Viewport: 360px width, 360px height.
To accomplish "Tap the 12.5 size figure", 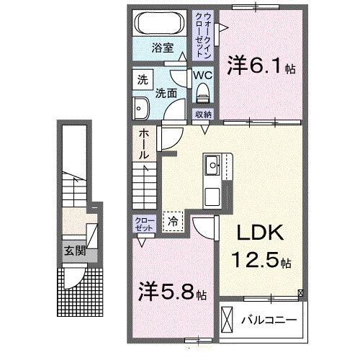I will (x=256, y=258).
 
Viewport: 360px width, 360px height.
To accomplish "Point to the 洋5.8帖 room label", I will (x=172, y=293).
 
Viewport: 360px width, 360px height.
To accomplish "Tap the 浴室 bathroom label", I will (x=162, y=48).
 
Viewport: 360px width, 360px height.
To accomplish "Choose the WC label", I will (x=202, y=74).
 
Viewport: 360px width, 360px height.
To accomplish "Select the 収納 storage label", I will (x=202, y=114).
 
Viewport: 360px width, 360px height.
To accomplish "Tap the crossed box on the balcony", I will (x=228, y=318).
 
